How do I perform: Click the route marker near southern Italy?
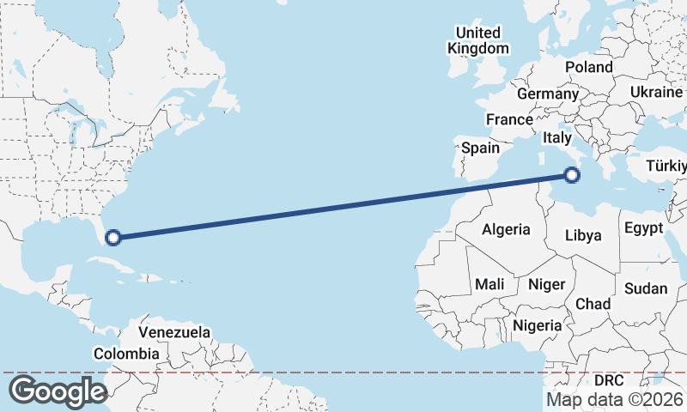573,176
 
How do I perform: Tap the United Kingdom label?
478,40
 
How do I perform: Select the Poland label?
589,67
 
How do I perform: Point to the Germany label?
548,94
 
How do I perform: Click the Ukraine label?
656,92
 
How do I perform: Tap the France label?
509,119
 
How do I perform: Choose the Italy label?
557,137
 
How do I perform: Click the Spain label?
480,148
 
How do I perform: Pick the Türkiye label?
666,165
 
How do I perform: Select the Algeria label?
506,230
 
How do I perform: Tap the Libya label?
584,236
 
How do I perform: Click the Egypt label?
643,228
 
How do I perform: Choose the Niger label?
546,283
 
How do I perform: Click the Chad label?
593,304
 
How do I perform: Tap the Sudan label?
645,288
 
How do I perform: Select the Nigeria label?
538,325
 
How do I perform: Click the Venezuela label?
174,332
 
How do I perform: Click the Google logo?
58,391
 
